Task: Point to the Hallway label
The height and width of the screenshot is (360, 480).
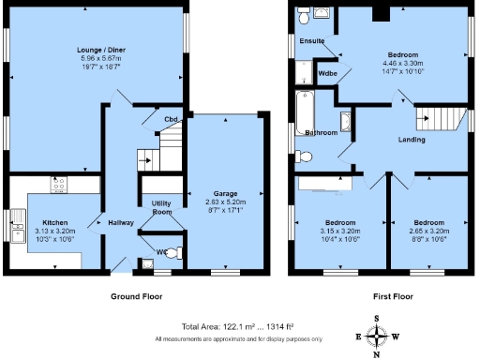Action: [x=120, y=223]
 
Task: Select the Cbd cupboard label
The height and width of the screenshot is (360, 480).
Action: [x=171, y=120]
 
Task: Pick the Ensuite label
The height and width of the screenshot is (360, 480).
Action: [x=312, y=41]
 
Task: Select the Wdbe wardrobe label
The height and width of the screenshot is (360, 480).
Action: [x=328, y=72]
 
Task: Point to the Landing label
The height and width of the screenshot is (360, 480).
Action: [x=411, y=140]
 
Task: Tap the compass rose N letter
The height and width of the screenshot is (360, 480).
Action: [x=377, y=354]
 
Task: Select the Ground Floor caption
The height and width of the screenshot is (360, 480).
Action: [x=137, y=295]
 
